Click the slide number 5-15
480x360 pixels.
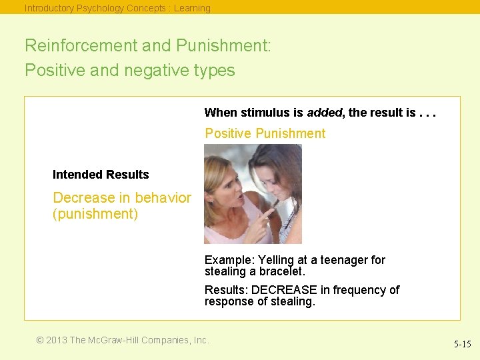(x=462, y=345)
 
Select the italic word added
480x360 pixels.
(x=324, y=113)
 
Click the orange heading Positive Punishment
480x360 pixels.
(x=265, y=133)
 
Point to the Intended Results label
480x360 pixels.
(x=101, y=175)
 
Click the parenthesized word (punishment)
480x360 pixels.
(x=95, y=215)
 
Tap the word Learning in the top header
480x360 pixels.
(x=192, y=8)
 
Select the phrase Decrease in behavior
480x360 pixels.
(x=121, y=198)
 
